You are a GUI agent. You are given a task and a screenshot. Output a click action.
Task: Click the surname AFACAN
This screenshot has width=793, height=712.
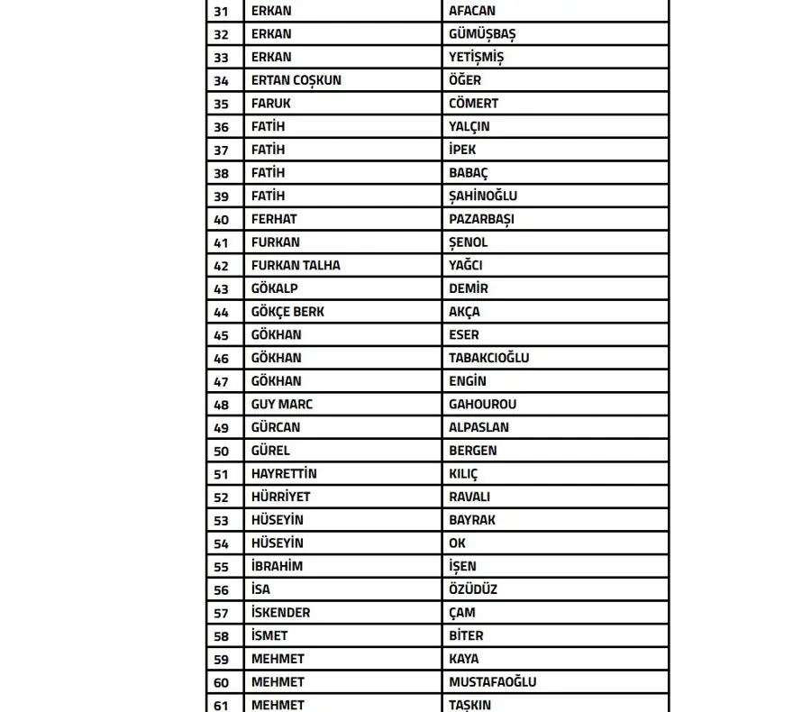click(472, 11)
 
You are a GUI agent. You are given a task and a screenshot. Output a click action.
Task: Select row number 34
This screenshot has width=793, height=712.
click(222, 80)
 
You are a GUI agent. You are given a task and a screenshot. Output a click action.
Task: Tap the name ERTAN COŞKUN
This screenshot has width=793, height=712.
click(296, 80)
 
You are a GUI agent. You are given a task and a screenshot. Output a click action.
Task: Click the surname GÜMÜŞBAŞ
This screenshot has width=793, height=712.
click(482, 34)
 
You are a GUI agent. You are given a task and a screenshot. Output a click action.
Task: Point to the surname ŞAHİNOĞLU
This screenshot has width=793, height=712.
click(483, 196)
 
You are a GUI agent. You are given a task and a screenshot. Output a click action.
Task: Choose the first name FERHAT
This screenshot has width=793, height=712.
click(274, 219)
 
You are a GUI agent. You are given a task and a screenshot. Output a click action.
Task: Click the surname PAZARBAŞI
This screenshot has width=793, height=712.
click(482, 219)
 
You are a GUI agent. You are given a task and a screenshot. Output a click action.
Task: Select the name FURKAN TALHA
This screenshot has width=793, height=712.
click(296, 265)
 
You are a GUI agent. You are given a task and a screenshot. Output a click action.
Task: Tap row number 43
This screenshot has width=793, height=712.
click(222, 288)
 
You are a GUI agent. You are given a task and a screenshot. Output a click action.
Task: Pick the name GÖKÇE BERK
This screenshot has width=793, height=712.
click(287, 312)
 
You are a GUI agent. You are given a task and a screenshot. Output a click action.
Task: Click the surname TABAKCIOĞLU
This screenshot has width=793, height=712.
click(489, 358)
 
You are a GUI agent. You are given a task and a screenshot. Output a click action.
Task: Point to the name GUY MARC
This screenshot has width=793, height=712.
click(282, 404)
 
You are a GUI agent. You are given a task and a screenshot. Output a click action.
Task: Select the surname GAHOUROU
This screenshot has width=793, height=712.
click(483, 404)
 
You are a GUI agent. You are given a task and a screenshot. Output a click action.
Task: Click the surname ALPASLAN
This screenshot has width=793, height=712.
click(479, 427)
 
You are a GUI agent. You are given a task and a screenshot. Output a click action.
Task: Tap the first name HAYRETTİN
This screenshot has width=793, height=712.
click(284, 473)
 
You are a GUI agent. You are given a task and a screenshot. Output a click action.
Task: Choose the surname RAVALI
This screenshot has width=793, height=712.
click(469, 497)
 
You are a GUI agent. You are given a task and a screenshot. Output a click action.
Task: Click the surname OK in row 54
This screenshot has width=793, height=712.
click(458, 543)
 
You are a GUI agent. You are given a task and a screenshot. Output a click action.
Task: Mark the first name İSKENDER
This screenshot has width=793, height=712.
click(280, 612)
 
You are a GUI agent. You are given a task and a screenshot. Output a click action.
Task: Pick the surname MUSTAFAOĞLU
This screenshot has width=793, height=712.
click(493, 681)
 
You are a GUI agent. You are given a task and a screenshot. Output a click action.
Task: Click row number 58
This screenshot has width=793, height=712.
click(222, 635)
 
